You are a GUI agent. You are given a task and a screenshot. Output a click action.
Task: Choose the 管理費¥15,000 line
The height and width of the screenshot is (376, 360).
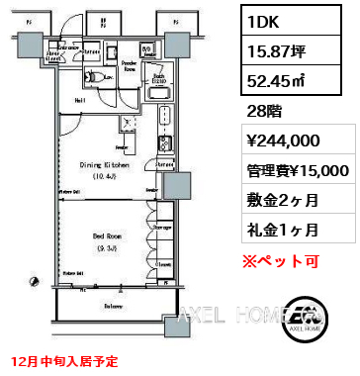(x=291, y=169)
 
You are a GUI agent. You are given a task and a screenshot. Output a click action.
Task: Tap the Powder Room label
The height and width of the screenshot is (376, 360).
(x=129, y=65)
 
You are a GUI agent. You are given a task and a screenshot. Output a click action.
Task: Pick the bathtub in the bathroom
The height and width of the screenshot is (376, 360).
(x=160, y=88)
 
